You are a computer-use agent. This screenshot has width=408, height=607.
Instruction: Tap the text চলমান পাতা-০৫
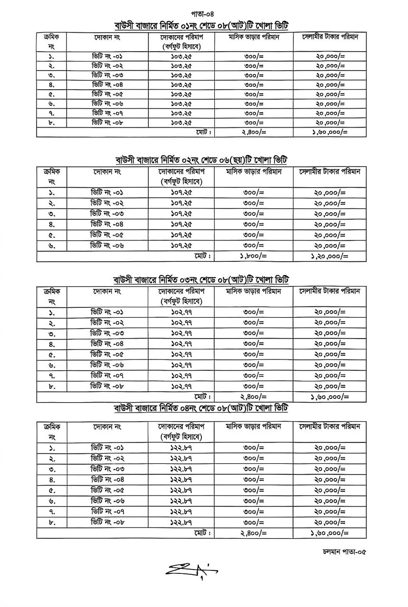pyautogui.click(x=344, y=552)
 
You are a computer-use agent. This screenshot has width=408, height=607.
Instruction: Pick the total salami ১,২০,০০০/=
pyautogui.click(x=330, y=256)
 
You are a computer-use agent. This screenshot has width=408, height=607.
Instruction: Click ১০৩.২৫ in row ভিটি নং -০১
pyautogui.click(x=181, y=56)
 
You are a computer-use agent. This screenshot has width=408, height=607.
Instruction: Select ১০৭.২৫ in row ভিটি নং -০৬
pyautogui.click(x=181, y=245)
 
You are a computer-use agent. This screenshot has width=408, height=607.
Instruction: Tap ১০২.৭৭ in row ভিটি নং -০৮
pyautogui.click(x=181, y=386)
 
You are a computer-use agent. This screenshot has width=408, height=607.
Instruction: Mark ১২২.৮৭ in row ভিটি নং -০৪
pyautogui.click(x=181, y=479)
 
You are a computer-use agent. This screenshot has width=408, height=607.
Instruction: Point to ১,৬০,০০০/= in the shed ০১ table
pyautogui.click(x=330, y=132)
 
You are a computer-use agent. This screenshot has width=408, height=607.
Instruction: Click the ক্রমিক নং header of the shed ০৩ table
pyautogui.click(x=52, y=296)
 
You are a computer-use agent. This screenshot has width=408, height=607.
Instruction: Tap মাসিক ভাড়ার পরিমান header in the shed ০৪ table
pyautogui.click(x=254, y=426)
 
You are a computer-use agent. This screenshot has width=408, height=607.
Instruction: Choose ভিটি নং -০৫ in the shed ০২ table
pyautogui.click(x=107, y=235)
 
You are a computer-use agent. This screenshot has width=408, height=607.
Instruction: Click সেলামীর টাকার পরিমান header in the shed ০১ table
pyautogui.click(x=330, y=37)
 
